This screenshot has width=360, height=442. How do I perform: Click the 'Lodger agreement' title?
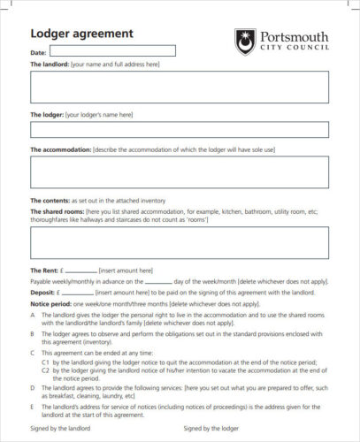[x=81, y=34]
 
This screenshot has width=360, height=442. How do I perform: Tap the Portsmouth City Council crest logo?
[x=244, y=41]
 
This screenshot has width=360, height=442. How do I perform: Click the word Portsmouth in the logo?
[x=294, y=37]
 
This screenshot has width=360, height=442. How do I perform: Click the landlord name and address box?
[x=180, y=88]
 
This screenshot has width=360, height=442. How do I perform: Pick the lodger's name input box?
[x=180, y=130]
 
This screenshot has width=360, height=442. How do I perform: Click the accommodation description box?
[x=180, y=171]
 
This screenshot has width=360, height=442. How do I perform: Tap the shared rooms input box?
[x=180, y=242]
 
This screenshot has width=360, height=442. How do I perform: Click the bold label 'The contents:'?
[x=50, y=201]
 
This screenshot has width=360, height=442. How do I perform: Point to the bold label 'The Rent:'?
[x=45, y=271]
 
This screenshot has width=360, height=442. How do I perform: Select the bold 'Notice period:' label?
[x=50, y=301]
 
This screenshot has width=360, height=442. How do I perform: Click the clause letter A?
[x=33, y=314]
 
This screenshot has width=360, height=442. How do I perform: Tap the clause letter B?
[x=33, y=333]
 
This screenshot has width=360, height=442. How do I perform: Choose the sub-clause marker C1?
[x=45, y=362]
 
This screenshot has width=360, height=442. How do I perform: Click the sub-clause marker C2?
[x=45, y=372]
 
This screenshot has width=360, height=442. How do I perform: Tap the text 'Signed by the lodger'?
[x=212, y=428]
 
